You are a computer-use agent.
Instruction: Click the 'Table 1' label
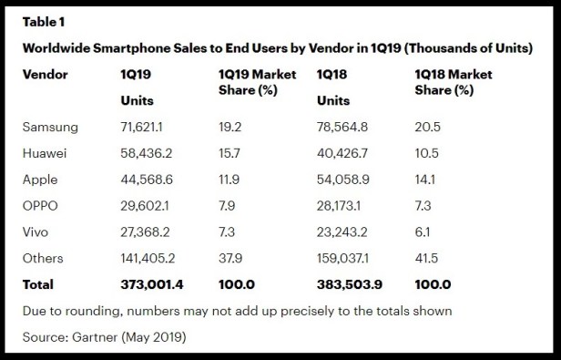(x=45, y=19)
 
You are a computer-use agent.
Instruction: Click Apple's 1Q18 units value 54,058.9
(x=344, y=180)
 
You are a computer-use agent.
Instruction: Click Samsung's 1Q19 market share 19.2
(x=230, y=128)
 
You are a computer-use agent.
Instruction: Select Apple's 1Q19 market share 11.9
(x=229, y=180)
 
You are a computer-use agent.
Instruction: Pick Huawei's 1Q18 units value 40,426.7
(x=344, y=154)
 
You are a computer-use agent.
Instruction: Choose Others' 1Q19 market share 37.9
(x=230, y=259)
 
